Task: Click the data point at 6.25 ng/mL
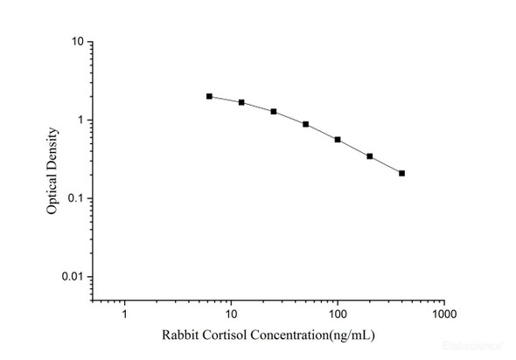pyautogui.click(x=209, y=96)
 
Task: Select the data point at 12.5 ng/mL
pyautogui.click(x=241, y=102)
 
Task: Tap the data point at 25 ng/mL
pyautogui.click(x=274, y=112)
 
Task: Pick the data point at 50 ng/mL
pyautogui.click(x=305, y=124)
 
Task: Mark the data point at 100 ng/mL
pyautogui.click(x=338, y=140)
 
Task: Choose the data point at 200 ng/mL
pyautogui.click(x=370, y=156)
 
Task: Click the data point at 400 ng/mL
pyautogui.click(x=401, y=173)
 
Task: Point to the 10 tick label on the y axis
pyautogui.click(x=78, y=42)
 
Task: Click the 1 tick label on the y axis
pyautogui.click(x=80, y=121)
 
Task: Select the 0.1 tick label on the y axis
pyautogui.click(x=76, y=198)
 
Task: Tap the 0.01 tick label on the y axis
pyautogui.click(x=73, y=277)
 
